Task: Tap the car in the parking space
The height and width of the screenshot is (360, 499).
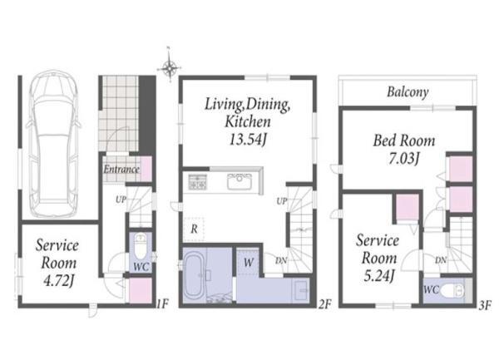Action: pyautogui.click(x=53, y=144)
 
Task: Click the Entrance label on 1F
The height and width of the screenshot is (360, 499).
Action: pyautogui.click(x=121, y=169)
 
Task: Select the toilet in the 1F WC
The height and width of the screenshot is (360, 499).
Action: pyautogui.click(x=140, y=246)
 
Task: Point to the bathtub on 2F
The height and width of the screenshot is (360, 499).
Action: pyautogui.click(x=195, y=274)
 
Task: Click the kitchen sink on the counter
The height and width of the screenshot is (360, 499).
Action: pyautogui.click(x=240, y=181)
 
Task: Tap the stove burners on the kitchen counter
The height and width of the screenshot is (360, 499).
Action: pyautogui.click(x=197, y=182)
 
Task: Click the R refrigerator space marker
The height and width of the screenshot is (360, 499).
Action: pyautogui.click(x=194, y=229)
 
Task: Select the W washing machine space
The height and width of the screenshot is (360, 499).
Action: pyautogui.click(x=248, y=263)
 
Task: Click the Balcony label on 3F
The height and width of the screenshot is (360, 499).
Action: pyautogui.click(x=408, y=92)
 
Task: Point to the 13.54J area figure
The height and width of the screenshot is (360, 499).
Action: pyautogui.click(x=248, y=139)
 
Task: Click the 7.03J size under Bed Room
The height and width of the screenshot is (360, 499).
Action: pyautogui.click(x=403, y=158)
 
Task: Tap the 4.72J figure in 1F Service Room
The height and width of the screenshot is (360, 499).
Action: pyautogui.click(x=58, y=280)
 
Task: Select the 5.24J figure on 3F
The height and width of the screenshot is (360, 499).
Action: pyautogui.click(x=379, y=276)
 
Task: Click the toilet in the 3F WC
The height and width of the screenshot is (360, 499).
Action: pyautogui.click(x=453, y=290)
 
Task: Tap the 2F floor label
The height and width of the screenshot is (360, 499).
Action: pyautogui.click(x=324, y=304)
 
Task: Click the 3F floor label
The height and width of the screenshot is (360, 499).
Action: pyautogui.click(x=486, y=305)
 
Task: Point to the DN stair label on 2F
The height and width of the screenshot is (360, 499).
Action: pyautogui.click(x=281, y=261)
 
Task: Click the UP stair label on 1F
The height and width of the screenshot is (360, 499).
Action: pyautogui.click(x=121, y=200)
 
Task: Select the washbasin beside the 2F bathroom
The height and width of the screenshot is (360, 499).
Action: pyautogui.click(x=301, y=290)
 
